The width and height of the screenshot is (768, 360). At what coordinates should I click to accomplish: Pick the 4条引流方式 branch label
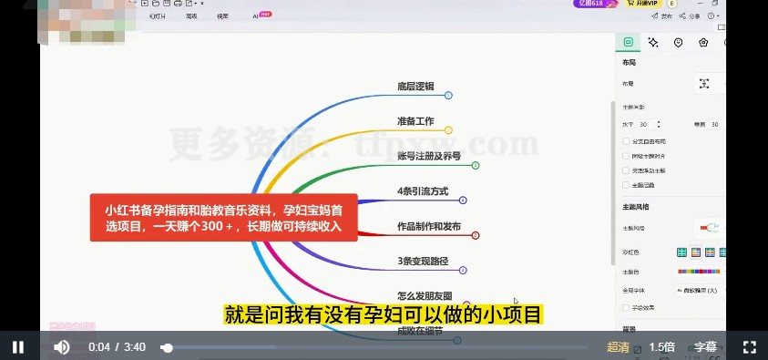point(423,192)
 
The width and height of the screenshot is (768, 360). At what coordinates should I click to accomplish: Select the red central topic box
point(222,218)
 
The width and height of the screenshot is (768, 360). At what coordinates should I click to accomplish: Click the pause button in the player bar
point(18,346)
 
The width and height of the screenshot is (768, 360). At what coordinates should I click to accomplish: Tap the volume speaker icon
point(61,346)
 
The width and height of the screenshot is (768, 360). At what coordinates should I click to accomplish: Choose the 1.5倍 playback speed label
point(662,346)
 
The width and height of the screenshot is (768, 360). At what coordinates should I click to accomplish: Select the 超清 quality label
point(618,346)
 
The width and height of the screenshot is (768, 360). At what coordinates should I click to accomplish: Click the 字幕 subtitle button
point(705,346)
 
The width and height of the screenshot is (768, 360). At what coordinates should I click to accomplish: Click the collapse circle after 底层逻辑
point(448,95)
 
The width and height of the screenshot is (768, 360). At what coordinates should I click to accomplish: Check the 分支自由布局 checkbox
point(625,142)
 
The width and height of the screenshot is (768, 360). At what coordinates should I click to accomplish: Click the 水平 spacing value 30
point(643,124)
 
